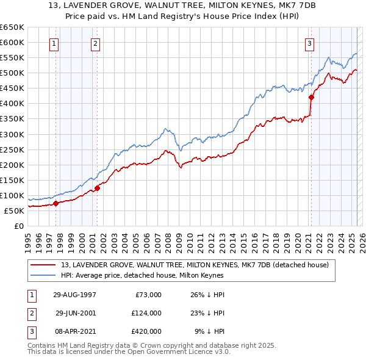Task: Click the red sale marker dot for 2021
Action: point(311,96)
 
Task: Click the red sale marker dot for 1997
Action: point(56,203)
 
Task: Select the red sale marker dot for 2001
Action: point(97,187)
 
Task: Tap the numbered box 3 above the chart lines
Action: point(310,43)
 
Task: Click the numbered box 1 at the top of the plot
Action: point(55,43)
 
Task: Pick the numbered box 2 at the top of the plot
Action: point(96,43)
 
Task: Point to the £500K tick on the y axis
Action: point(12,73)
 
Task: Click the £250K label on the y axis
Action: point(12,149)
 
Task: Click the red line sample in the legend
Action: point(44,265)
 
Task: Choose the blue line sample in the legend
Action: point(44,275)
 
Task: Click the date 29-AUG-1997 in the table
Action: point(74,295)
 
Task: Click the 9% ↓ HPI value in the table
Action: point(209,331)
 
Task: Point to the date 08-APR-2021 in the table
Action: point(74,331)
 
